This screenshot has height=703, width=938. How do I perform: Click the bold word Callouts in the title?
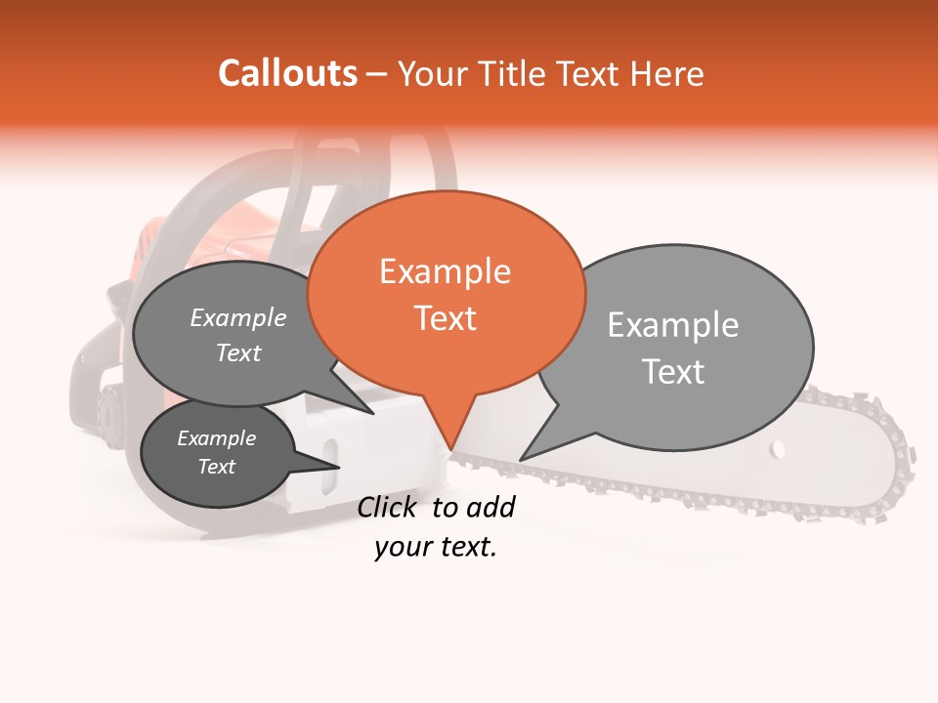tap(287, 73)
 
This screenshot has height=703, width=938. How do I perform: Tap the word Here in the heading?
tap(667, 73)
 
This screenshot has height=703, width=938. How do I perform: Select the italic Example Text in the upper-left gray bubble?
tap(237, 335)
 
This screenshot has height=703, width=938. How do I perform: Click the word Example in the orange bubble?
tap(445, 271)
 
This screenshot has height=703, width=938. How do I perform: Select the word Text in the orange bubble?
tap(446, 318)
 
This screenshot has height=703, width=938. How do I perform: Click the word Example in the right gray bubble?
tap(672, 325)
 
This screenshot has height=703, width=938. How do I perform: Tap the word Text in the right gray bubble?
tap(673, 372)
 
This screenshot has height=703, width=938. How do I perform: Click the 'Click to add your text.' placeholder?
tap(436, 527)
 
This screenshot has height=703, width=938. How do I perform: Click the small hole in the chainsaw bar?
tap(777, 449)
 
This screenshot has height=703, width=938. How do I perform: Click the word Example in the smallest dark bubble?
tap(216, 438)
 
